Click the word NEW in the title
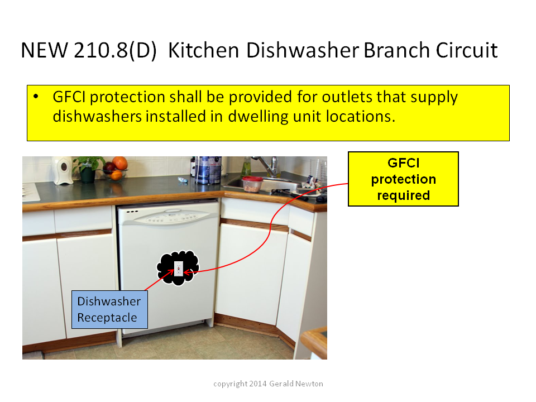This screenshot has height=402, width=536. click(45, 50)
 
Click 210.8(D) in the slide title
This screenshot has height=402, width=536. click(115, 51)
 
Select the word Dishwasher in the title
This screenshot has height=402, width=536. click(303, 50)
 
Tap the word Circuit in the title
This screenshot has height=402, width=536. click(467, 50)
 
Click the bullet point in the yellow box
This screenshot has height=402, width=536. click(36, 97)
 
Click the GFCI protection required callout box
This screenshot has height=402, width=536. click(403, 179)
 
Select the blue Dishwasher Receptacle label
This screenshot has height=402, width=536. click(109, 309)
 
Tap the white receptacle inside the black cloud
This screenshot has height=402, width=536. click(179, 269)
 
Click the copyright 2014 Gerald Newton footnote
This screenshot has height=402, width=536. click(268, 384)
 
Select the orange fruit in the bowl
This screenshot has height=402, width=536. click(119, 162)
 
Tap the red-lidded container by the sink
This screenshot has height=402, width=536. click(252, 184)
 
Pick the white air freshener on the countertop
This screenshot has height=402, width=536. click(63, 170)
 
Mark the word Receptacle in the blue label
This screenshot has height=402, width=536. click(107, 318)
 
